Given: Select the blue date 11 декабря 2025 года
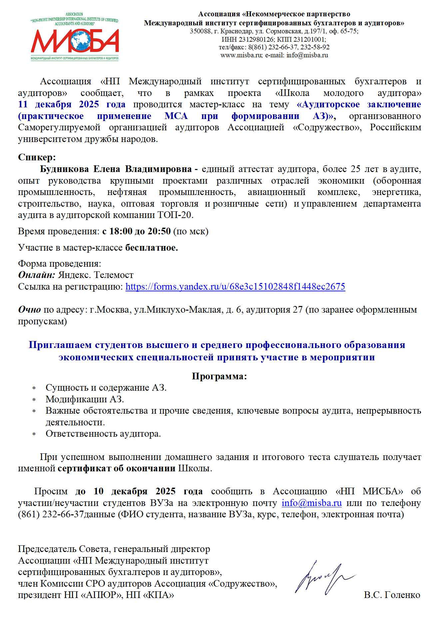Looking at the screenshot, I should tap(72, 104).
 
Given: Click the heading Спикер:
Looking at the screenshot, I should tap(37, 157).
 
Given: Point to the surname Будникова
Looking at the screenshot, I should tap(65, 169).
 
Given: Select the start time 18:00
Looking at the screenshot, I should tap(121, 231).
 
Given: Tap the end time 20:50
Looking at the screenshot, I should tap(159, 231).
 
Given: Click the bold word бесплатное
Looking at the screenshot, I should tap(151, 248).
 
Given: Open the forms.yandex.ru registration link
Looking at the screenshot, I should tap(235, 287).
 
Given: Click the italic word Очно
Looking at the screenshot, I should tap(29, 310).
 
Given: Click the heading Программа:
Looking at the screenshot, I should tap(219, 376).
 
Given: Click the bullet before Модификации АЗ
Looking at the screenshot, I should tap(34, 400).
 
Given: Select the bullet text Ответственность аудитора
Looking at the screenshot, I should tap(103, 434).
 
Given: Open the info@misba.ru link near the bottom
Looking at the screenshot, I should tap(311, 503).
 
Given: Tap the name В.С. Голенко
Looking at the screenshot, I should tap(392, 595).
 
